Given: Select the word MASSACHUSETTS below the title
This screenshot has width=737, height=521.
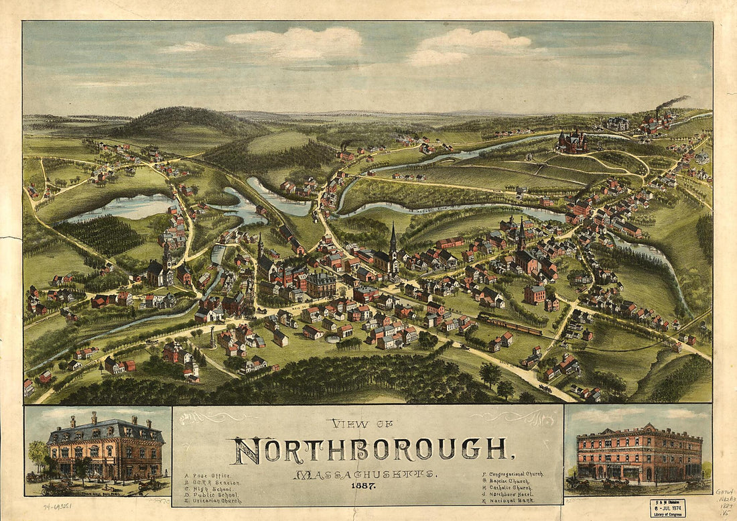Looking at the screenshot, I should point(365,475).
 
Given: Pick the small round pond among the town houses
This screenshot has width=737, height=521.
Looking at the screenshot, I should point(331,339).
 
